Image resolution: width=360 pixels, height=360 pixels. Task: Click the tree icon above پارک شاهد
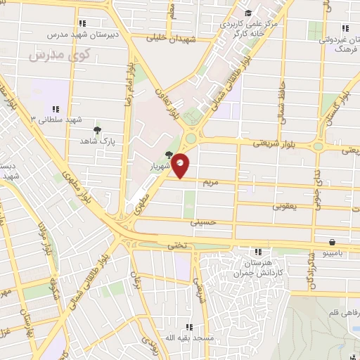click(97, 129)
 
